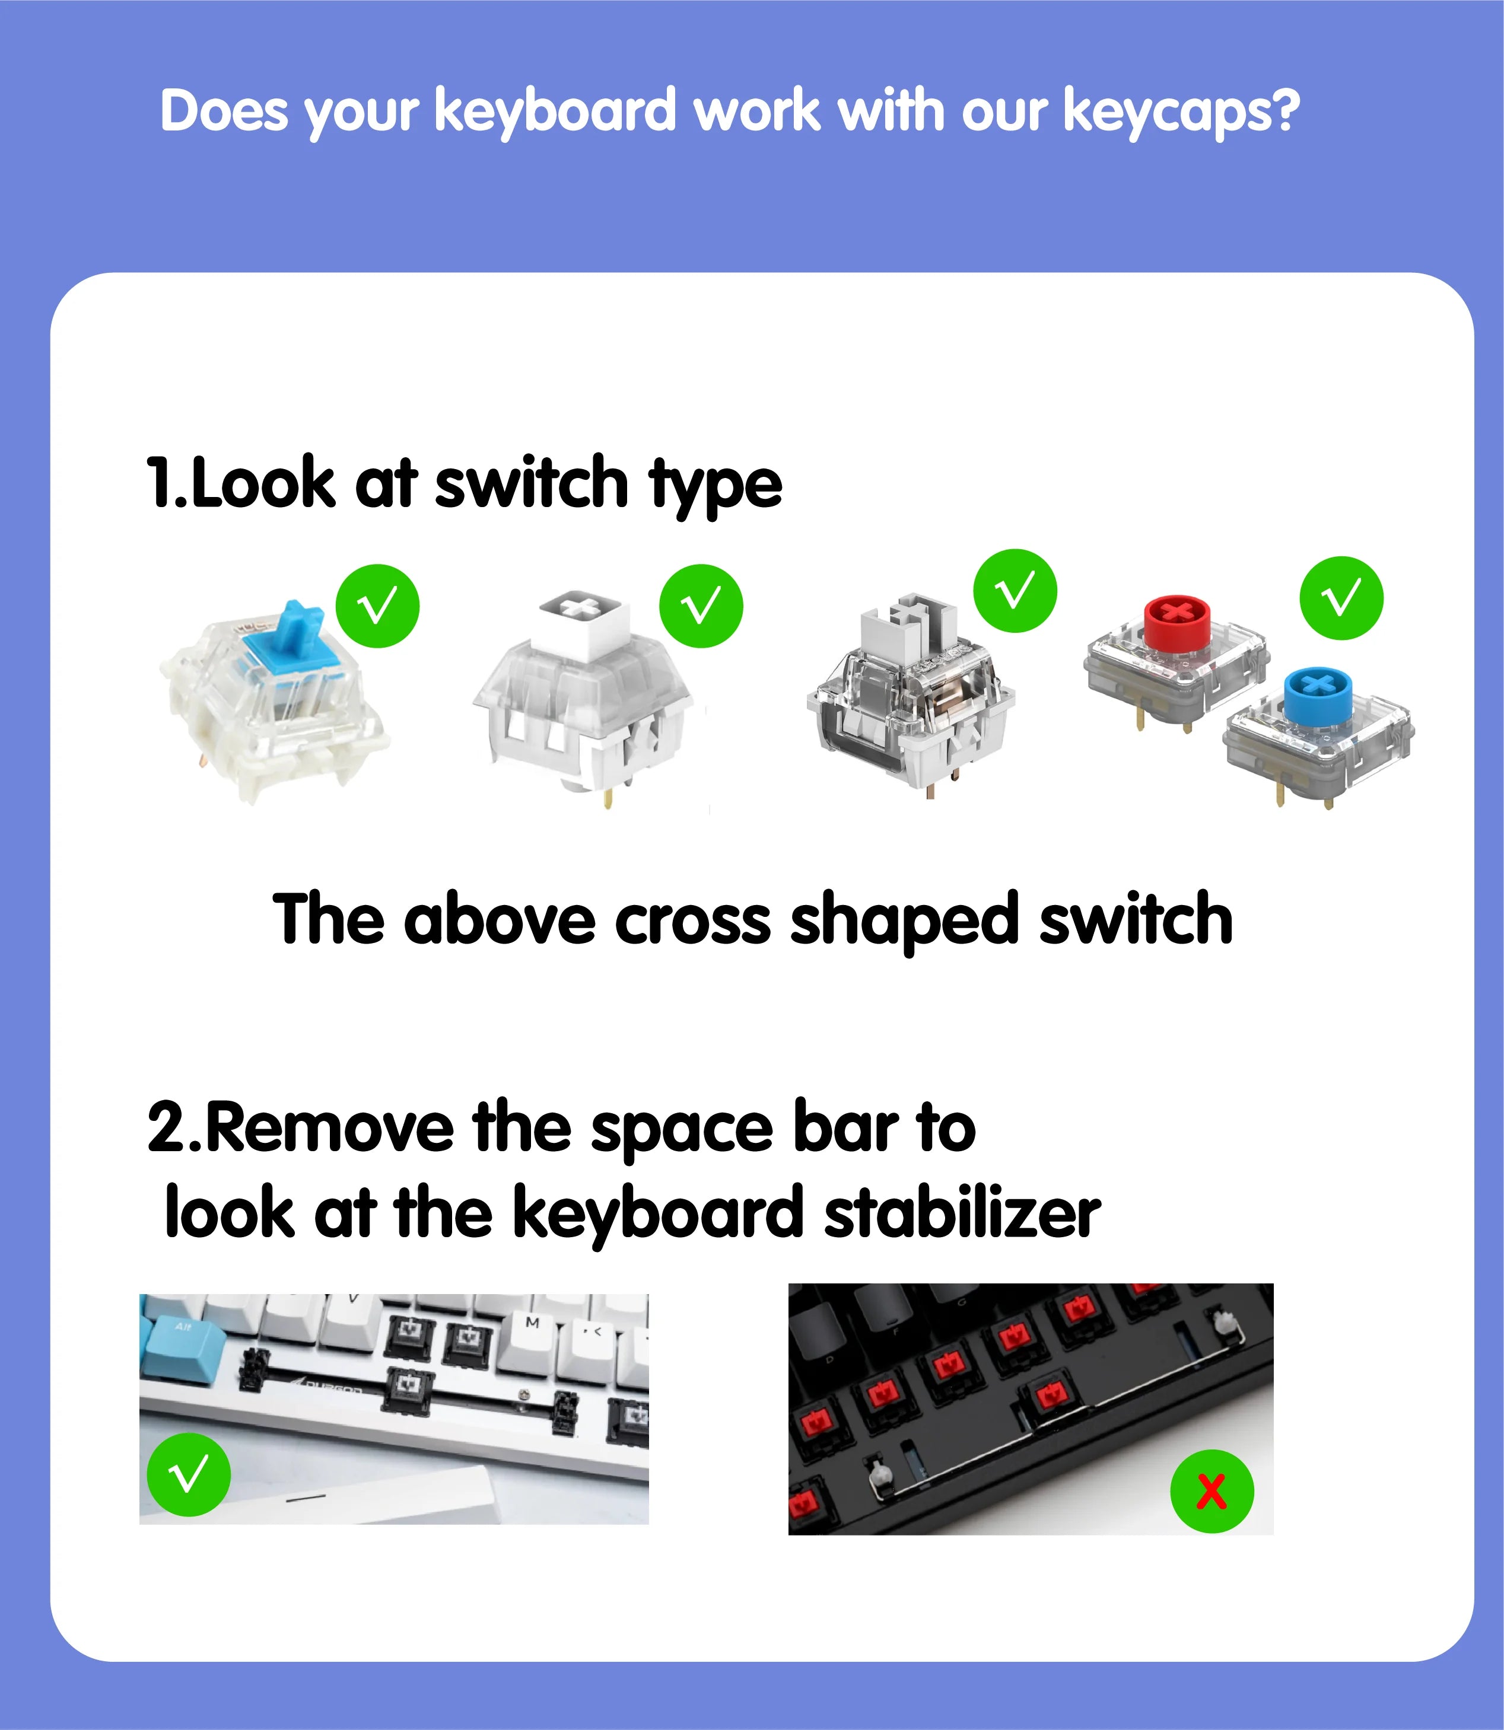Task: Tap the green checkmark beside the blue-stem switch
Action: (x=378, y=606)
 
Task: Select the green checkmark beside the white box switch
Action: (x=701, y=606)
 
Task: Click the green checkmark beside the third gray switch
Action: (x=1015, y=591)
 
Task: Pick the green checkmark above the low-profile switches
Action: (x=1341, y=598)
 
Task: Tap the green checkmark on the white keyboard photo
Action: (x=189, y=1474)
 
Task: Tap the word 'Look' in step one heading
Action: (x=263, y=484)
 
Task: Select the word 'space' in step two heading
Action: (x=682, y=1129)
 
